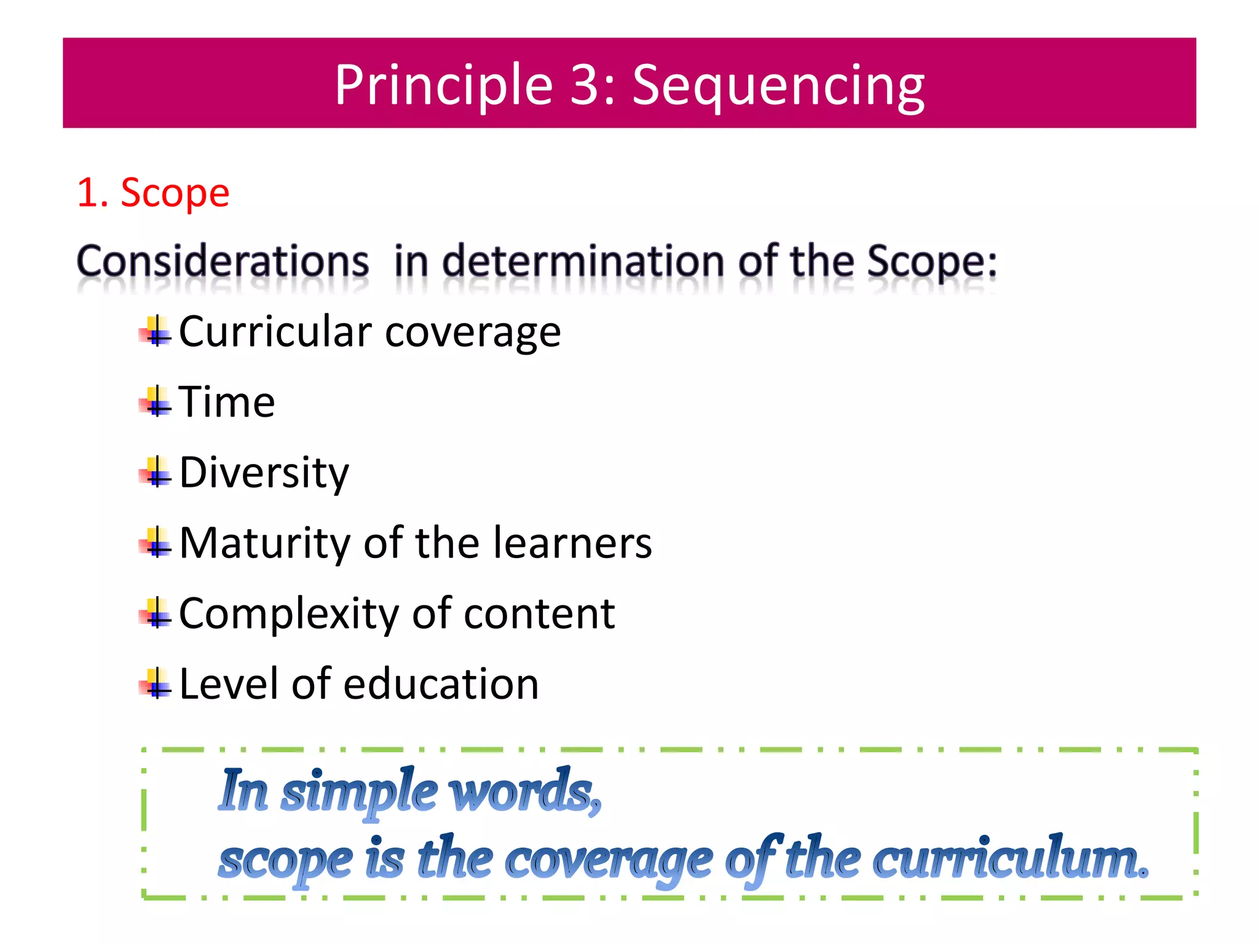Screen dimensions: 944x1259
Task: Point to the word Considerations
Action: pyautogui.click(x=223, y=262)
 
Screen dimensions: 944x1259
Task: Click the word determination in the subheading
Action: pyautogui.click(x=583, y=262)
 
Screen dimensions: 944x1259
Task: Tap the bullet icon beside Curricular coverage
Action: pyautogui.click(x=156, y=332)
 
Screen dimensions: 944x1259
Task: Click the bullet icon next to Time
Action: pyautogui.click(x=156, y=402)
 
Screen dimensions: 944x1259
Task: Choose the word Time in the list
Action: pyautogui.click(x=227, y=402)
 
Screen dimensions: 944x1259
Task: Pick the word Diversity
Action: pyautogui.click(x=264, y=473)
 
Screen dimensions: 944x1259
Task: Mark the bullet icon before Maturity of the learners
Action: pyautogui.click(x=156, y=543)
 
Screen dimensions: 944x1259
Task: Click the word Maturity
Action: pyautogui.click(x=265, y=543)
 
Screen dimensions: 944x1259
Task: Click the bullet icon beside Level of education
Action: pyautogui.click(x=156, y=684)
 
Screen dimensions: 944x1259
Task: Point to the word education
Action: pyautogui.click(x=441, y=684)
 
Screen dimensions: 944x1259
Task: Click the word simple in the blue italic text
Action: pyautogui.click(x=359, y=792)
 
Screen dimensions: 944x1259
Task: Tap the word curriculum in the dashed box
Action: pyautogui.click(x=1009, y=860)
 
